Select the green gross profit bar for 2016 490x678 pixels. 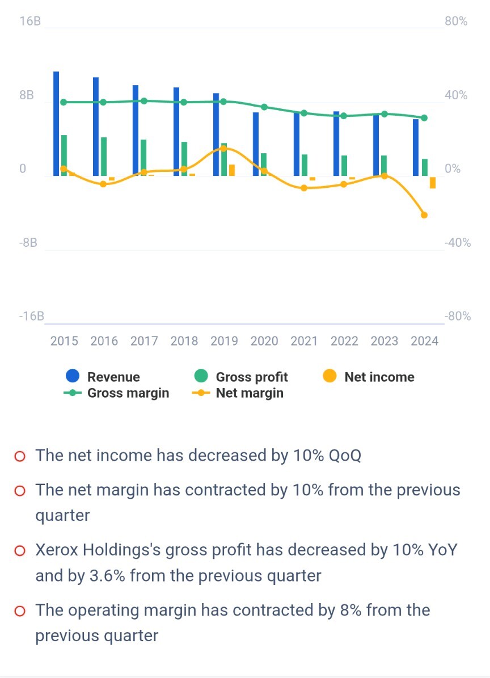[104, 156]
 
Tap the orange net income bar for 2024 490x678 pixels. [433, 182]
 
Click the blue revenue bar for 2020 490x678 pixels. [256, 144]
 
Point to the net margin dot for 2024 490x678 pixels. [424, 215]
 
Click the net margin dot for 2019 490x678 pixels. [223, 149]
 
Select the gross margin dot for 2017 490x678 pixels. [144, 101]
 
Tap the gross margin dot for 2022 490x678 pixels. [344, 116]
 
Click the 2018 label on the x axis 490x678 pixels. [184, 341]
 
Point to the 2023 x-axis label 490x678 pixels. [385, 341]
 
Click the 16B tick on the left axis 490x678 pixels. [30, 22]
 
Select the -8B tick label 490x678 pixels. [28, 243]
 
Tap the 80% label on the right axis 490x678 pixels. [456, 22]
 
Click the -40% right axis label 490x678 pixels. [458, 243]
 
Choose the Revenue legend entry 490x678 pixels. [113, 377]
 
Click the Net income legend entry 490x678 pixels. [379, 377]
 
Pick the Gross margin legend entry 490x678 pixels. [128, 393]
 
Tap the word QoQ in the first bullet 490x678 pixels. [345, 456]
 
